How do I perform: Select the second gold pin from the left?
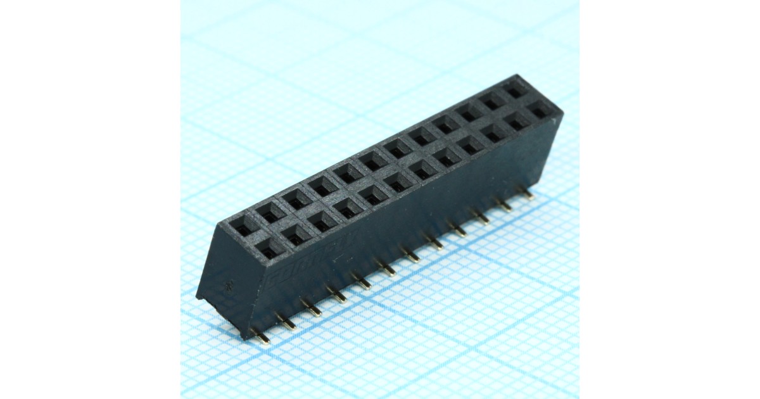point(286,323)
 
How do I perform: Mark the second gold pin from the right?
point(505,205)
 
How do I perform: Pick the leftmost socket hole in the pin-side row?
point(269,250)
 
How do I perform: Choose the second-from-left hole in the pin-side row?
point(296,236)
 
